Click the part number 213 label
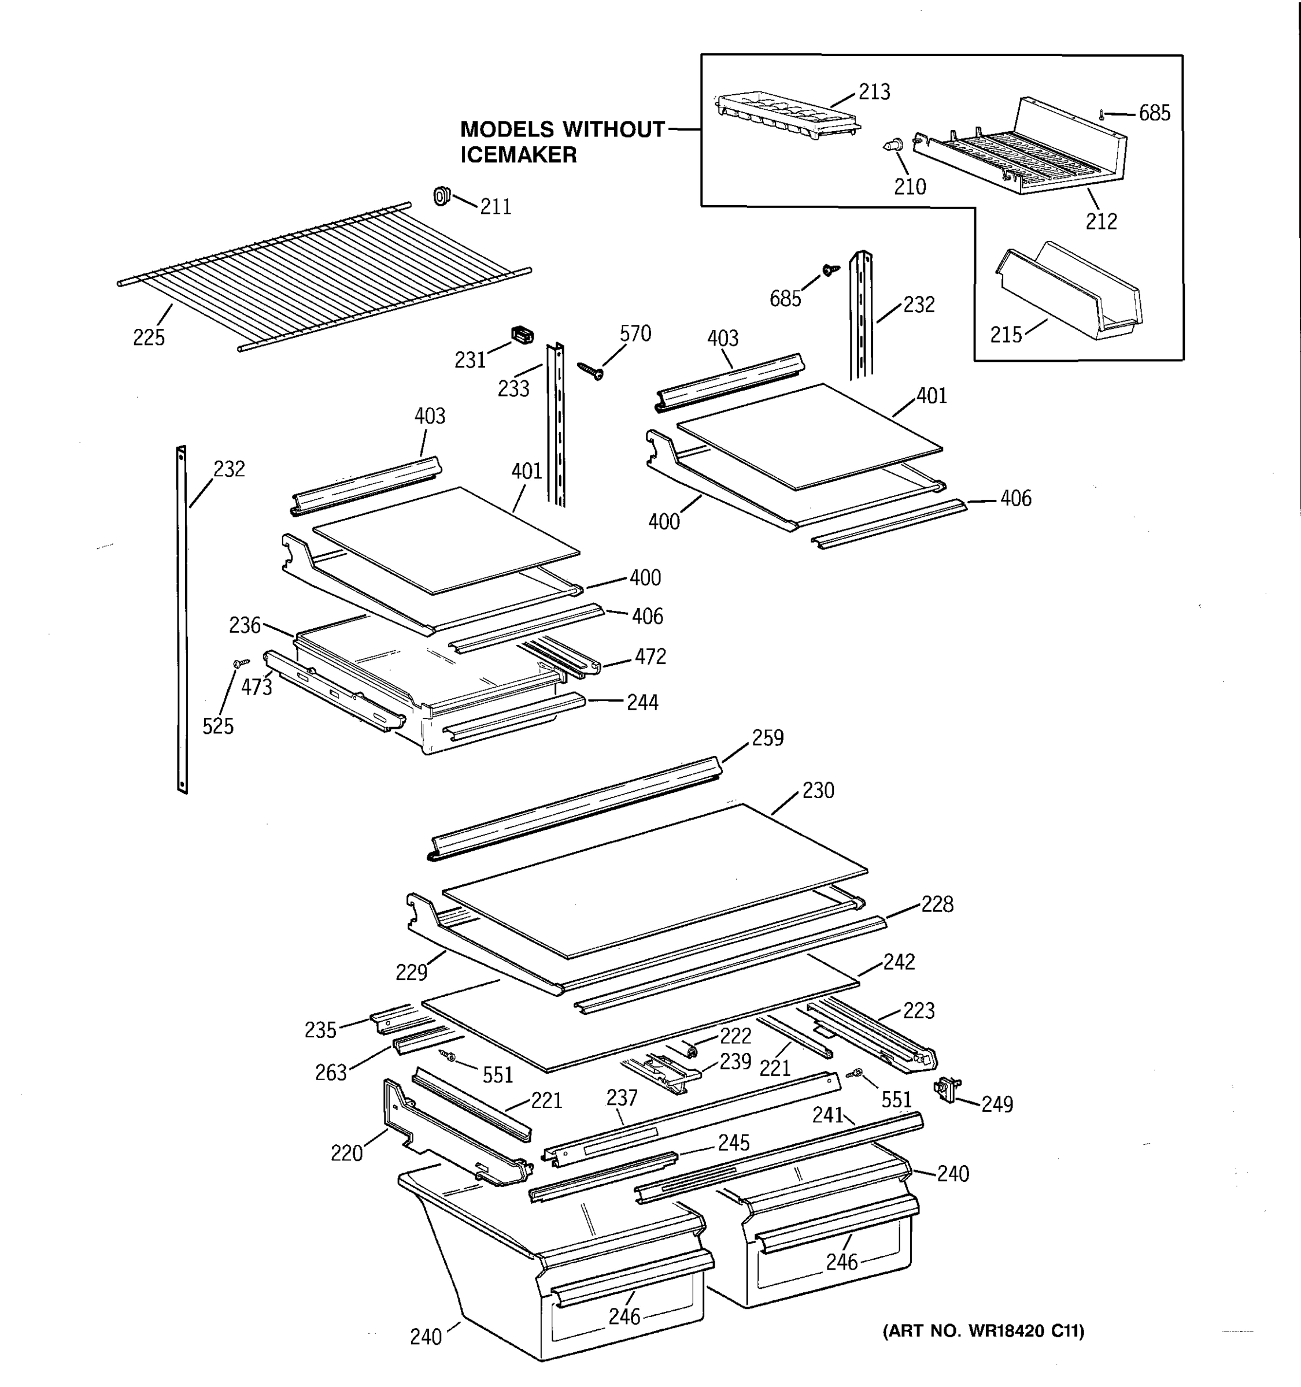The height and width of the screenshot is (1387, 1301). pos(874,92)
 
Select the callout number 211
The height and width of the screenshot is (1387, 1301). pos(496,207)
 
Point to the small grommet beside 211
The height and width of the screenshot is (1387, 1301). pos(442,196)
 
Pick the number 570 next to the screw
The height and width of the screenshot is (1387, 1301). pos(635,334)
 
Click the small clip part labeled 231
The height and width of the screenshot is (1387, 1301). pos(522,335)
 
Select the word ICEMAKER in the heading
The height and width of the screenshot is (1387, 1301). pos(518,155)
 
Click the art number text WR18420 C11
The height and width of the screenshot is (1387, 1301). pos(1026,1331)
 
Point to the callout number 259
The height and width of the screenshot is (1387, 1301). pos(768,738)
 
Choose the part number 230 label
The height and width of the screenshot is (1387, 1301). pos(818,791)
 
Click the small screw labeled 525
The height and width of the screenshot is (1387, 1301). pos(242,662)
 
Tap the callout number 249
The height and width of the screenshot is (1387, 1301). pos(997,1104)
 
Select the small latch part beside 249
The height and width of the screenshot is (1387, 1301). pos(948,1088)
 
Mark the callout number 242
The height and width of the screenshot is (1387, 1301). pos(899,962)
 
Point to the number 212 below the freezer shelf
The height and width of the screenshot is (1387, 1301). pos(1101,222)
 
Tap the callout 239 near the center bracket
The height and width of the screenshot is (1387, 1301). pos(735,1061)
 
